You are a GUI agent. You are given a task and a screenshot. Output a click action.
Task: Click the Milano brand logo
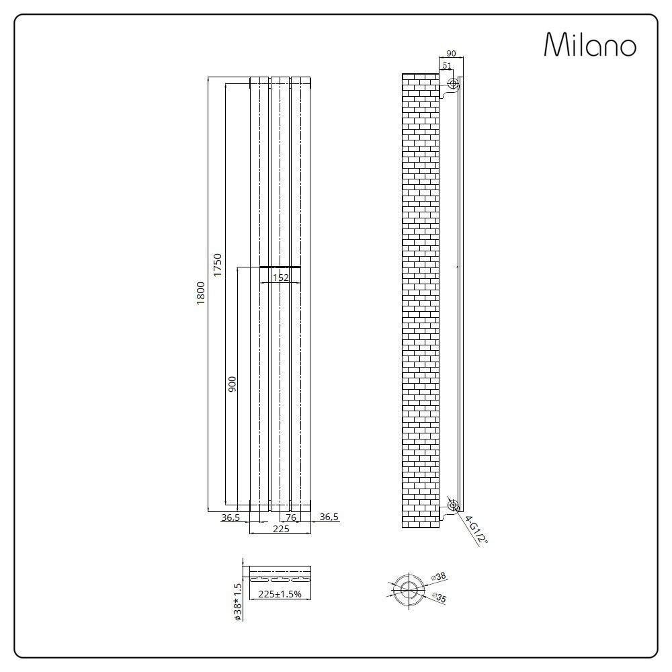(589, 45)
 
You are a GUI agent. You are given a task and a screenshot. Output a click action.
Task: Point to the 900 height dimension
(233, 384)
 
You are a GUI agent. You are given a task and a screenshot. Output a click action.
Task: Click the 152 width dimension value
(281, 276)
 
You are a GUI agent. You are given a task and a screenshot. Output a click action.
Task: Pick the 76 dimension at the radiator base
(291, 517)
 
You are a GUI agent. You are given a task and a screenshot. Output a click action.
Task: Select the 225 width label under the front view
(280, 530)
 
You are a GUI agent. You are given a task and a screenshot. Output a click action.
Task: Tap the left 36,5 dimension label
(230, 517)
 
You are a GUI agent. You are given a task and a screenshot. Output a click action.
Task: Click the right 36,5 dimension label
(329, 517)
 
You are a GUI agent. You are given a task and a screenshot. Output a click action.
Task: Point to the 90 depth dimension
(451, 54)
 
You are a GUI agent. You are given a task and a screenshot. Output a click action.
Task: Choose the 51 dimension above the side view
(446, 65)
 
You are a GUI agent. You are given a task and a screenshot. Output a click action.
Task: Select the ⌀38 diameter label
(440, 577)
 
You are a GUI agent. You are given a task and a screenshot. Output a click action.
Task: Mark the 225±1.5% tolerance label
(280, 594)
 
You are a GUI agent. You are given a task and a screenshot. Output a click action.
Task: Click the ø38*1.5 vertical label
(237, 601)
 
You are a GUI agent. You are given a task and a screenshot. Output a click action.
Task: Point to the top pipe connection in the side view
(453, 84)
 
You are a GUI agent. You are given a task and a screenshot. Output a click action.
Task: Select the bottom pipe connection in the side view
(453, 505)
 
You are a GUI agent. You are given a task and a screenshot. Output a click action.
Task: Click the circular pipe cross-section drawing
(407, 587)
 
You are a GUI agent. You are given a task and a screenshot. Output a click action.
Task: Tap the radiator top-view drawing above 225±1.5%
(280, 577)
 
